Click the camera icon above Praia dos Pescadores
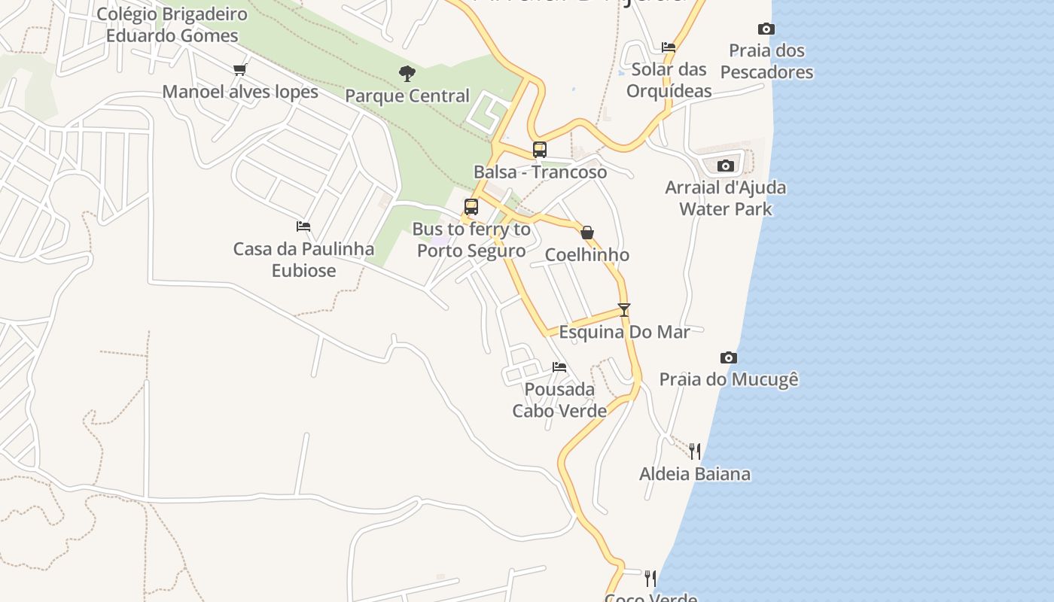[766, 29]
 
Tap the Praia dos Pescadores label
[766, 62]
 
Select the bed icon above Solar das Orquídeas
[668, 47]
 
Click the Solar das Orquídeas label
[669, 80]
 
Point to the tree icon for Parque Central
[407, 74]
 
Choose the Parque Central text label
[407, 96]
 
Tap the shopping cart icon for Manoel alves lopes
[240, 70]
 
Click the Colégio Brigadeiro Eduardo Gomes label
[172, 25]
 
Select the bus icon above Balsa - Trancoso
[540, 149]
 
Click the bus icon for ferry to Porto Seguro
[471, 206]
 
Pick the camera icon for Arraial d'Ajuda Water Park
[726, 166]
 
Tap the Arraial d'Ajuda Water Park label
[726, 198]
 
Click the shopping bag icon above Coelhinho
[587, 233]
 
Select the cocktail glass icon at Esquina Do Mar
[624, 309]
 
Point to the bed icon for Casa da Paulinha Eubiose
[303, 226]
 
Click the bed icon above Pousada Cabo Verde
[559, 367]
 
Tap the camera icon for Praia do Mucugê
[728, 357]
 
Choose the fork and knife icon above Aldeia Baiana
[695, 451]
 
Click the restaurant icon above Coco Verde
[650, 579]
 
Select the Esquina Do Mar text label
[624, 332]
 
